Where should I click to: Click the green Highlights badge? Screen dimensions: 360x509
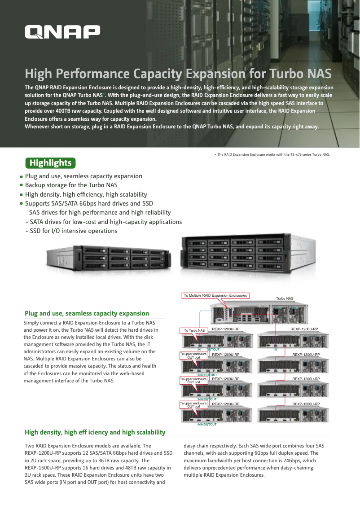point(50,162)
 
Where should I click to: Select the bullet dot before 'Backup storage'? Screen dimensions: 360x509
point(21,185)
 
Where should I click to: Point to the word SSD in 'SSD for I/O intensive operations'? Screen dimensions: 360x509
point(35,231)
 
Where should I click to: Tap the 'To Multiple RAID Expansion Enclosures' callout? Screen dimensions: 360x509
point(215,295)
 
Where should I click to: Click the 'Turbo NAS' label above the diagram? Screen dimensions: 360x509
point(285,298)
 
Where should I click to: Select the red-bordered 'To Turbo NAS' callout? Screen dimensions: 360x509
point(194,331)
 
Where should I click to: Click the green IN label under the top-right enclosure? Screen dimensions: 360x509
point(275,349)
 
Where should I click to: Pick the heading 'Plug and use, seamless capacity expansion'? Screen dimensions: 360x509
point(87,313)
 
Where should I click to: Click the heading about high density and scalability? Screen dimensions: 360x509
point(95,432)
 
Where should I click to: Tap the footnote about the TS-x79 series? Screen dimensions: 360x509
point(273,154)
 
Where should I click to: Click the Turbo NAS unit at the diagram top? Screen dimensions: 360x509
point(263,313)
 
